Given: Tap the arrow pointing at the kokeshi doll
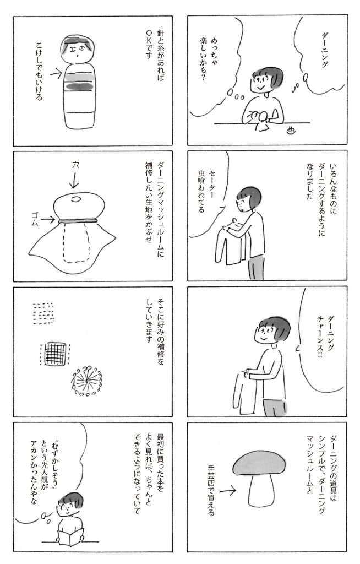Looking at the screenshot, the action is point(56,74).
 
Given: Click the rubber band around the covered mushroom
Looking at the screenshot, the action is point(79,220).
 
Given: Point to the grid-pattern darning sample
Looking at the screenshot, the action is point(54,354).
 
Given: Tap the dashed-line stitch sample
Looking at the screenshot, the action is point(43,313).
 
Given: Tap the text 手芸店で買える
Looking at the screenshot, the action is point(211,490).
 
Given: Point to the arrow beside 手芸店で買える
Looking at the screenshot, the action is point(227,490).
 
